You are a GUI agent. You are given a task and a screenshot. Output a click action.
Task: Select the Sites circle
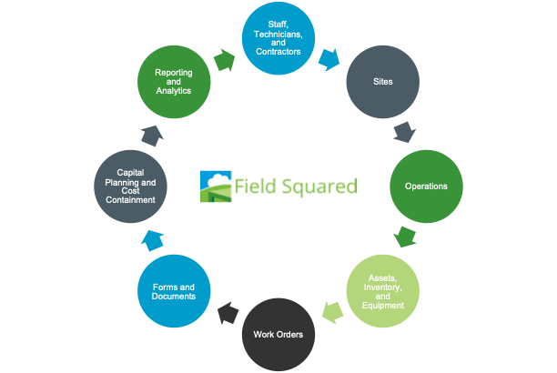pos(382,81)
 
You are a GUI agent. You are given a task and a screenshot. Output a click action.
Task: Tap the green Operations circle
pos(426,186)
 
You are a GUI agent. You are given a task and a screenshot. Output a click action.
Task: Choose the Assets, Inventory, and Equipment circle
pos(382,290)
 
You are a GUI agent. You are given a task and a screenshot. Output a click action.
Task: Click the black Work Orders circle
pos(278,333)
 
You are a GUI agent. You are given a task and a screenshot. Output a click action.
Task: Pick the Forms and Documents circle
pos(173,290)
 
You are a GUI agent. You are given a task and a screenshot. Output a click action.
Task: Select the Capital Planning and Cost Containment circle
pos(130,186)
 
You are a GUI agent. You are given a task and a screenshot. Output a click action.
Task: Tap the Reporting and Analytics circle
pos(173,81)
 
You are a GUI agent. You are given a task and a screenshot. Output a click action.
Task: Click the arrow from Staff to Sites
pos(328,60)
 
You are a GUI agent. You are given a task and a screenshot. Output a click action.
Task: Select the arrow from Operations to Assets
pos(405,238)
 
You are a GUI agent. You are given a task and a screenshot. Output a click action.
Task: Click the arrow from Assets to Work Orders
pos(332,312)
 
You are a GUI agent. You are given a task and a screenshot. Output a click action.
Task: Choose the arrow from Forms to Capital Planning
pos(152,239)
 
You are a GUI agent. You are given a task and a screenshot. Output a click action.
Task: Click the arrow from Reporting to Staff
pos(224,60)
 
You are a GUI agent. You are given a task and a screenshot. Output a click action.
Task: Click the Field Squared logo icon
pos(216,186)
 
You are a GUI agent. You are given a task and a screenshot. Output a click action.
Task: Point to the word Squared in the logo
pos(315,187)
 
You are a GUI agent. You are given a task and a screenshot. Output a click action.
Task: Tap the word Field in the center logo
pos(252,186)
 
